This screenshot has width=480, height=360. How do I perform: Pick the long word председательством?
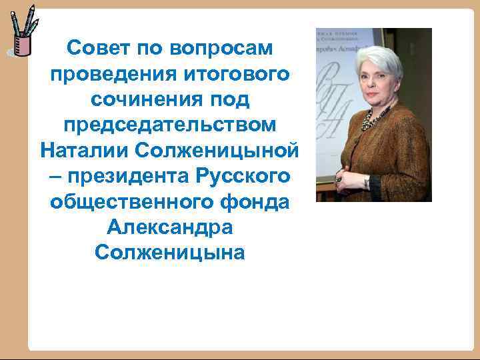[169, 125]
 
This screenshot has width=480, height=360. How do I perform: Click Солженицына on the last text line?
[169, 253]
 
